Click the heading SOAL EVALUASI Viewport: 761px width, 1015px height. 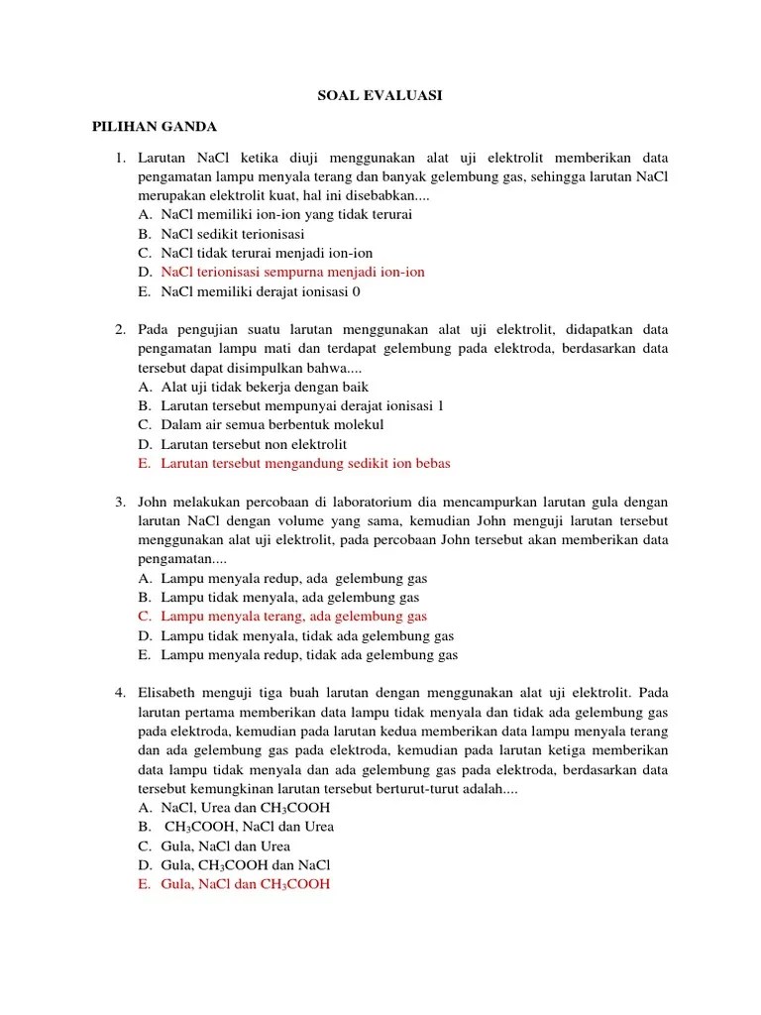(x=380, y=95)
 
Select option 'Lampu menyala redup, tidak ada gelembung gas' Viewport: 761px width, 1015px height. (x=308, y=654)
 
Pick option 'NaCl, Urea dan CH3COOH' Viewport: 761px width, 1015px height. (x=245, y=807)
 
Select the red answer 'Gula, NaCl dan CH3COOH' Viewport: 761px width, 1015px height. (x=245, y=884)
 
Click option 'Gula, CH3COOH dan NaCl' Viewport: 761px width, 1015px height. (x=245, y=865)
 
